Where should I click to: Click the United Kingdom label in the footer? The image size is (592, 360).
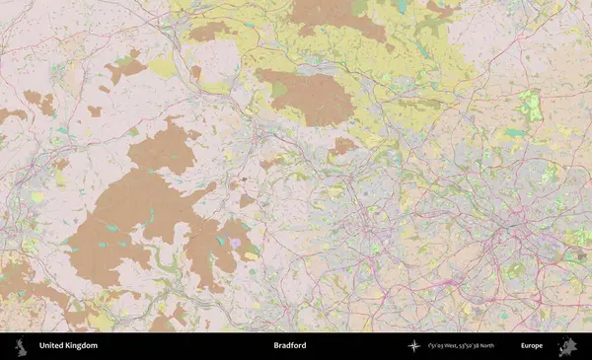click(x=68, y=346)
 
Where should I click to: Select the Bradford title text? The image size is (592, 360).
click(x=290, y=346)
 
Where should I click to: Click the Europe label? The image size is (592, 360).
click(x=532, y=346)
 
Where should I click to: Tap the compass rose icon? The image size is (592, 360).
click(x=413, y=346)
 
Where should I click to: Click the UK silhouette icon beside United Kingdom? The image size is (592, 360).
click(x=21, y=346)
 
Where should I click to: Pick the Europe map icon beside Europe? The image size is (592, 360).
click(x=567, y=346)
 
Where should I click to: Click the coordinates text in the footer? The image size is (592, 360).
click(x=462, y=346)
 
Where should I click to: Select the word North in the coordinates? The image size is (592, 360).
click(x=484, y=346)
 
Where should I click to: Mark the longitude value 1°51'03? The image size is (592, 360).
click(x=438, y=346)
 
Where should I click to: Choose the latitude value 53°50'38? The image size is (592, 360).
click(x=468, y=346)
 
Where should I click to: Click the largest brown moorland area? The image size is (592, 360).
click(x=148, y=217)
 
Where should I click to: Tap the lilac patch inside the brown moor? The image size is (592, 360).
click(x=235, y=242)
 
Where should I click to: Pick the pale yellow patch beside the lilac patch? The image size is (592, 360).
click(x=250, y=251)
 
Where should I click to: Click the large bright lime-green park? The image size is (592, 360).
click(x=532, y=107)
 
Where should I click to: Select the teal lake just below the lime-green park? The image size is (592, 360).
click(x=515, y=132)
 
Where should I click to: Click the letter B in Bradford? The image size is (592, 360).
click(x=276, y=346)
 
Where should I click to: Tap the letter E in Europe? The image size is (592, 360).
click(x=523, y=346)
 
